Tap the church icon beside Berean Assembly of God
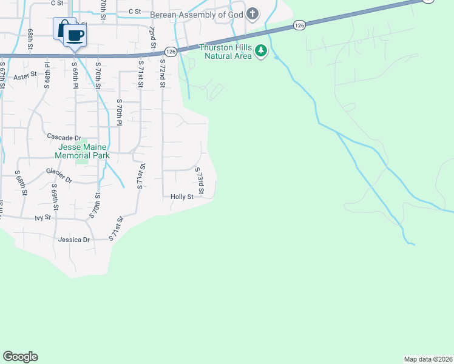tap(253, 13)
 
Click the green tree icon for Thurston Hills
tap(261, 51)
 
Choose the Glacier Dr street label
tap(59, 176)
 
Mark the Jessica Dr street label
tap(74, 240)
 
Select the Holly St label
tap(181, 197)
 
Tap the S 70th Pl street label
tap(120, 112)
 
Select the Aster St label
tap(25, 76)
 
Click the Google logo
tap(20, 357)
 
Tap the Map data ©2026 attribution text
tap(429, 359)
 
